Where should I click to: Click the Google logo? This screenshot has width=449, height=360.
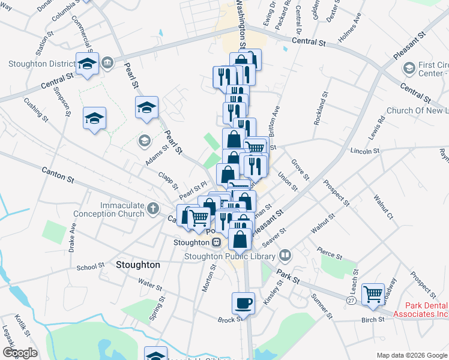pos(19,353)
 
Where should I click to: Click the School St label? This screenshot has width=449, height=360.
pos(91,267)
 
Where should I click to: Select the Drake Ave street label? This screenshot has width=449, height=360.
pos(73,237)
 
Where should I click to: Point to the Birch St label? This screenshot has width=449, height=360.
pos(373,320)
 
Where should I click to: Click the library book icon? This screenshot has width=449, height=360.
pos(284,255)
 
